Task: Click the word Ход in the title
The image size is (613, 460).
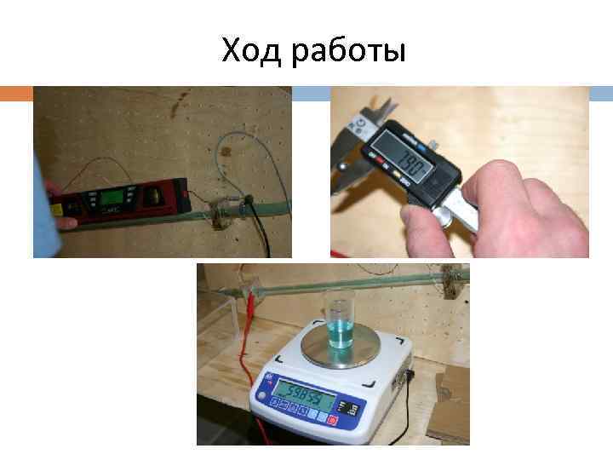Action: tap(252, 52)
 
